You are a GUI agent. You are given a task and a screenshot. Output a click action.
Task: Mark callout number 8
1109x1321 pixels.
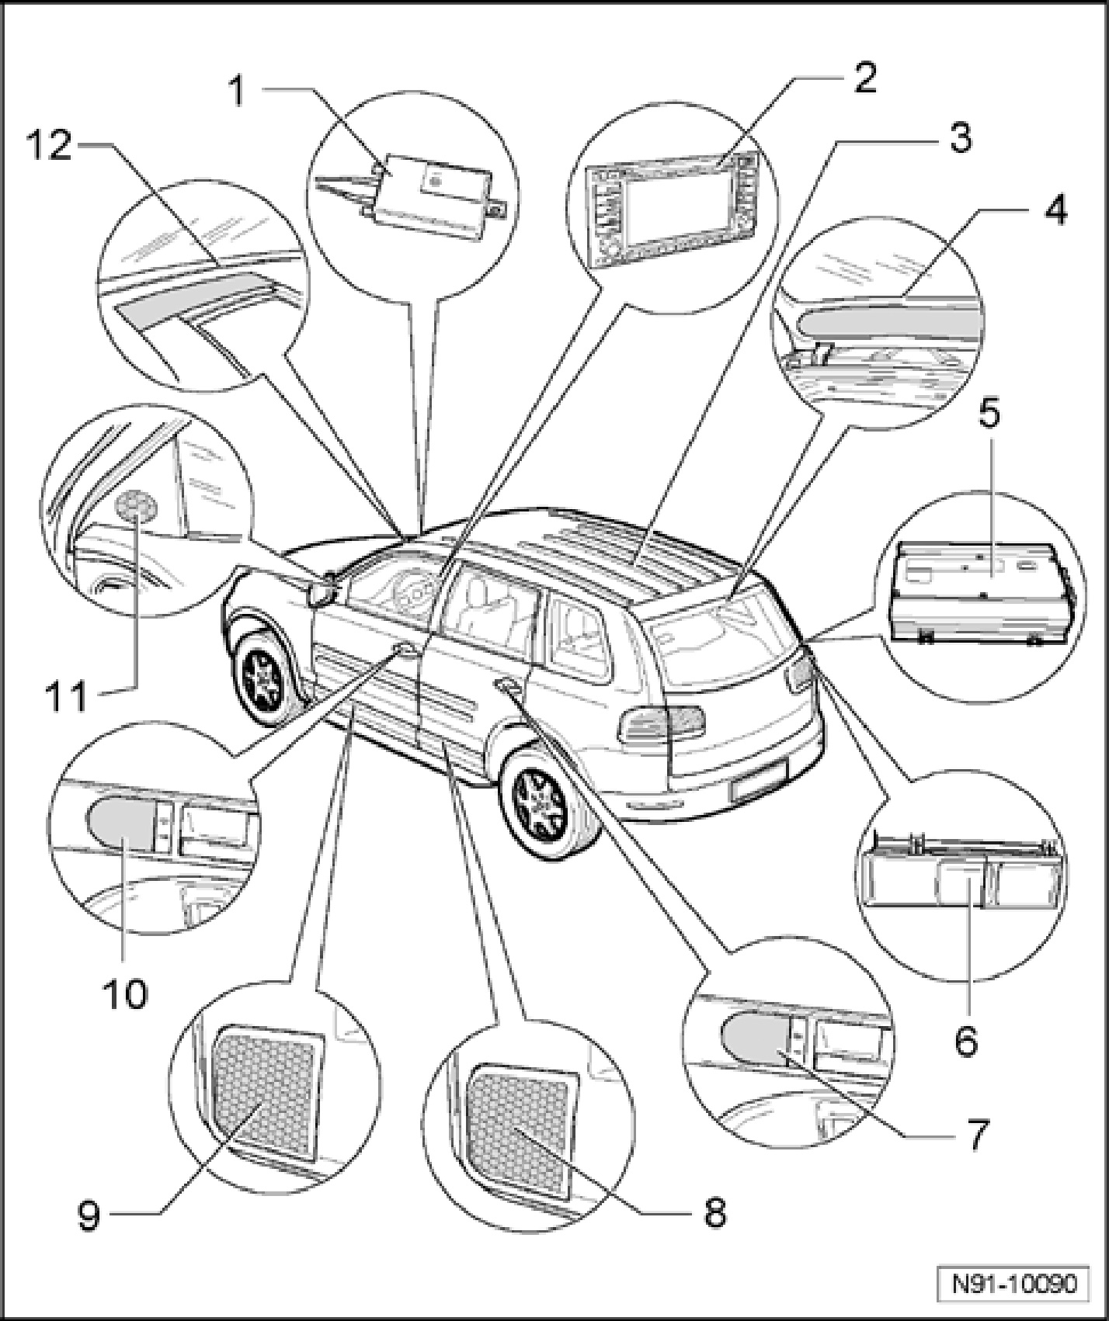pyautogui.click(x=714, y=1212)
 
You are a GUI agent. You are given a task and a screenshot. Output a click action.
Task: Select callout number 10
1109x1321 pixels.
pyautogui.click(x=124, y=993)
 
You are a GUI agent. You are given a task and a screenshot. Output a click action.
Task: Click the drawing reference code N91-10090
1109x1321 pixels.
pyautogui.click(x=1014, y=1284)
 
